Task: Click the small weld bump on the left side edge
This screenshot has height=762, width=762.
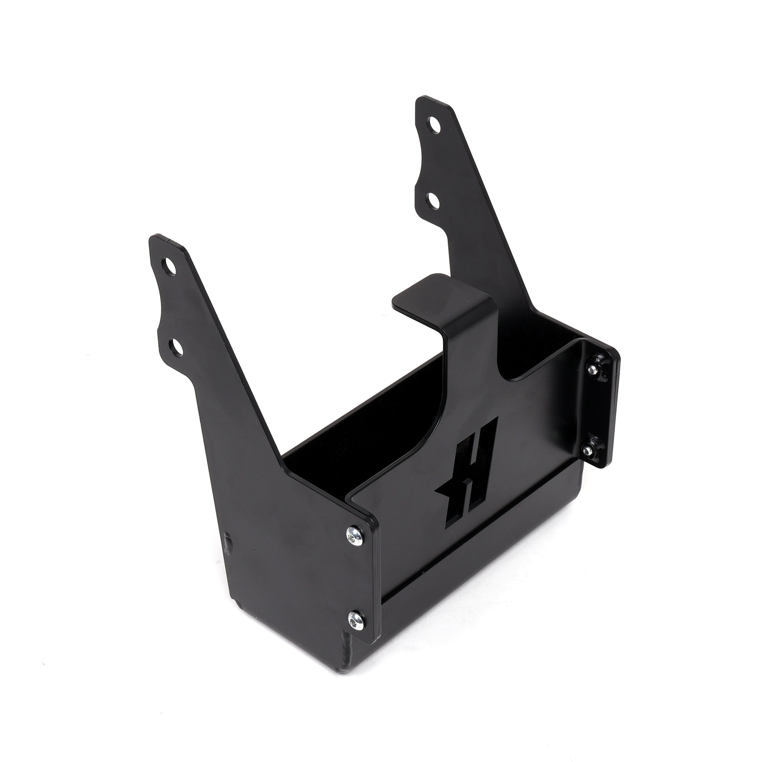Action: [228, 540]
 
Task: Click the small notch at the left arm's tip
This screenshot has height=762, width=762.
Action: [168, 239]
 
